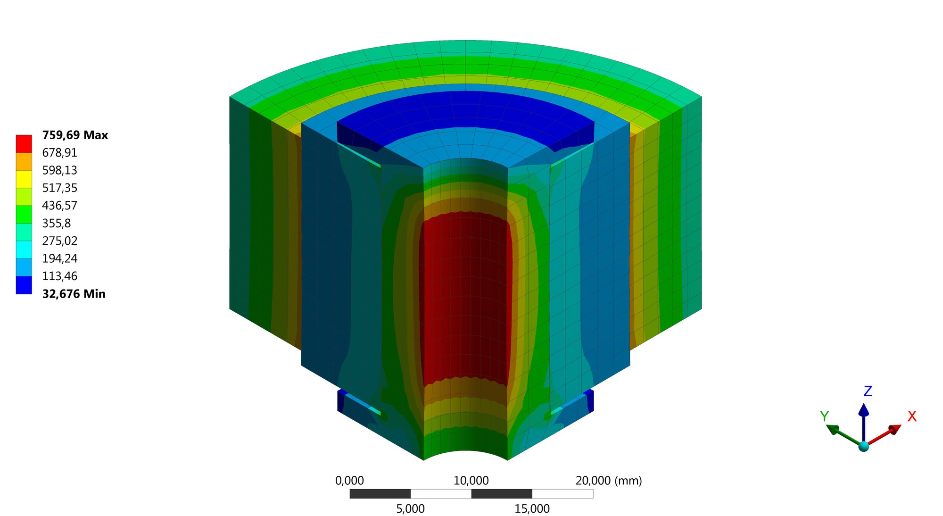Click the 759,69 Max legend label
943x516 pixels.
click(x=75, y=135)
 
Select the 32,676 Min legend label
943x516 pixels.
click(x=74, y=294)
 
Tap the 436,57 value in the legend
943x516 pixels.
click(x=59, y=206)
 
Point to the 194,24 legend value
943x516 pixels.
click(x=59, y=258)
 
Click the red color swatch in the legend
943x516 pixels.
click(x=24, y=144)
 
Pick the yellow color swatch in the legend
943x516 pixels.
click(x=24, y=179)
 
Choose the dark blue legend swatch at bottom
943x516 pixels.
click(x=24, y=285)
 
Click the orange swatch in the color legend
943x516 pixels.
click(x=24, y=161)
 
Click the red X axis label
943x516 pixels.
click(x=912, y=416)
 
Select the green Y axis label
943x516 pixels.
click(x=824, y=416)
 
